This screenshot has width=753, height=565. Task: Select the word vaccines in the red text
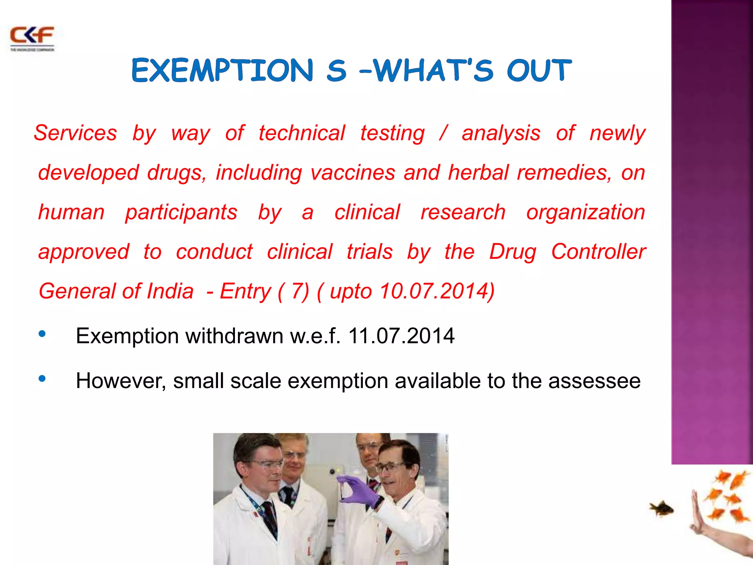(353, 173)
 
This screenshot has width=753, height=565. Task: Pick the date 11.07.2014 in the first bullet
(401, 336)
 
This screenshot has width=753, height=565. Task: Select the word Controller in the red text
(598, 252)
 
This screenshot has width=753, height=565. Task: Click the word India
(170, 291)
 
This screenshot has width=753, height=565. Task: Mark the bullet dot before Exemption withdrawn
(42, 334)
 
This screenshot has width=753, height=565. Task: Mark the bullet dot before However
(42, 379)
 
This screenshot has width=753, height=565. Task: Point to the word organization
(585, 212)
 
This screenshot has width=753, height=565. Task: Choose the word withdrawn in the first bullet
(234, 336)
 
